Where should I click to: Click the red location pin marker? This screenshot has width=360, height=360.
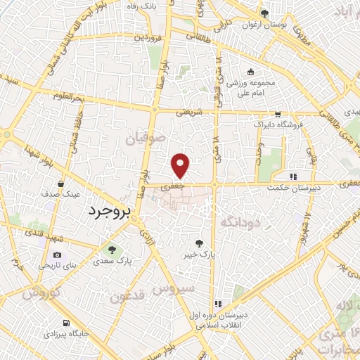tap(181, 166)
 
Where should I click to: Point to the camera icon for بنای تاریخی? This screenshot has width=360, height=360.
tap(57, 255)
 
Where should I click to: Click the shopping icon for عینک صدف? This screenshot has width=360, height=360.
tap(61, 184)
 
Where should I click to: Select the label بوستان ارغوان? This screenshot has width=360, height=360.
tap(265, 25)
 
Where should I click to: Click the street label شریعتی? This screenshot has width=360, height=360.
tap(188, 111)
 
